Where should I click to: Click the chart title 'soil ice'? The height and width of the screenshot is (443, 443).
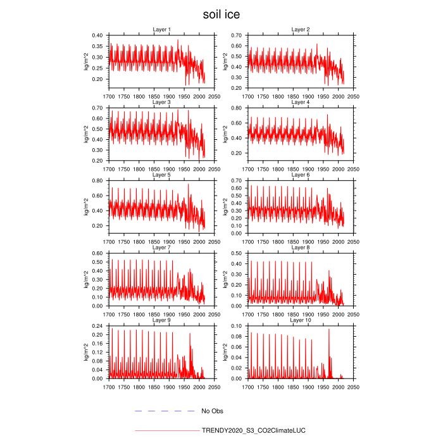click(221, 13)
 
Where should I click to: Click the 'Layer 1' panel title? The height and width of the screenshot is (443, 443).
click(161, 30)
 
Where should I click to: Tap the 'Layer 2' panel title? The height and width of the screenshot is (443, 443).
click(300, 30)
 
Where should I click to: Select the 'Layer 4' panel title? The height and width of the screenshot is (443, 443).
click(300, 103)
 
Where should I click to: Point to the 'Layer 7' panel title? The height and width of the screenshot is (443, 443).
click(161, 247)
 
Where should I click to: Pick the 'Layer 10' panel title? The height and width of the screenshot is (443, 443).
click(300, 320)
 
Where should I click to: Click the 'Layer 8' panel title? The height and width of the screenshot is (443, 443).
click(300, 247)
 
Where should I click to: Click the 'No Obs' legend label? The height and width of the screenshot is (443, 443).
click(212, 411)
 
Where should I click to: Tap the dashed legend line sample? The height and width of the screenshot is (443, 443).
click(165, 411)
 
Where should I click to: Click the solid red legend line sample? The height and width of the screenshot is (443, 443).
click(165, 430)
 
